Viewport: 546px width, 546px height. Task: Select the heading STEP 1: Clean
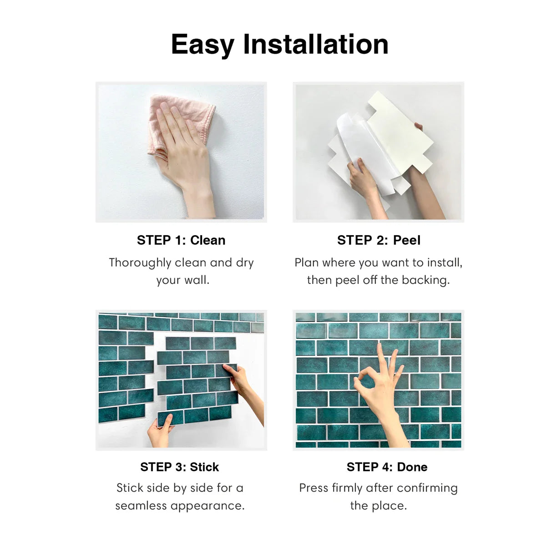point(181,240)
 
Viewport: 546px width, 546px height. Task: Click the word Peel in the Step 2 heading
point(407,240)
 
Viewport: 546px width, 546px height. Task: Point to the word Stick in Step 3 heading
point(204,467)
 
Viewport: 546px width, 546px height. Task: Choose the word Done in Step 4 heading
point(412,467)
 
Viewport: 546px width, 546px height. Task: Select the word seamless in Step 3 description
point(141,506)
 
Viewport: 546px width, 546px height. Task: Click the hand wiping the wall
point(184,159)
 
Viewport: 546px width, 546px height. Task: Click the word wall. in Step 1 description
point(197,280)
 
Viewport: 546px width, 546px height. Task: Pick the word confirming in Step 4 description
point(427,489)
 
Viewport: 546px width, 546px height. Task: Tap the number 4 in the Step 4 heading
point(387,467)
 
